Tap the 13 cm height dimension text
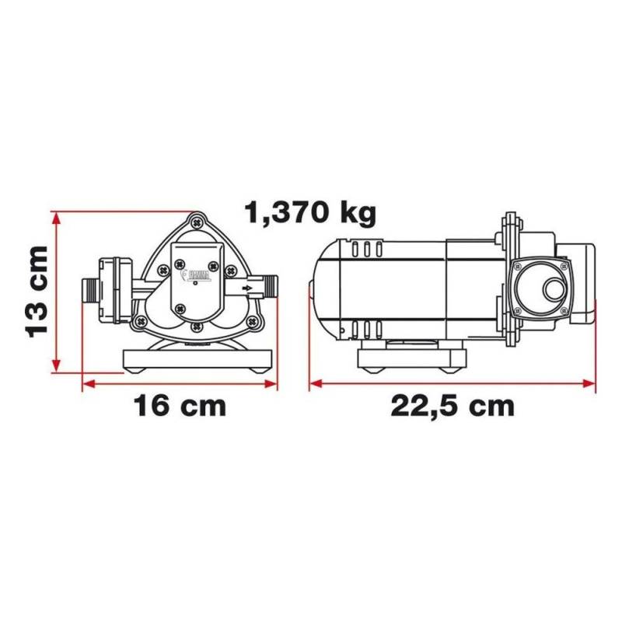click(x=37, y=292)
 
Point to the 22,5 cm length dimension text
click(x=453, y=407)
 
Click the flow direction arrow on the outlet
click(x=246, y=288)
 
